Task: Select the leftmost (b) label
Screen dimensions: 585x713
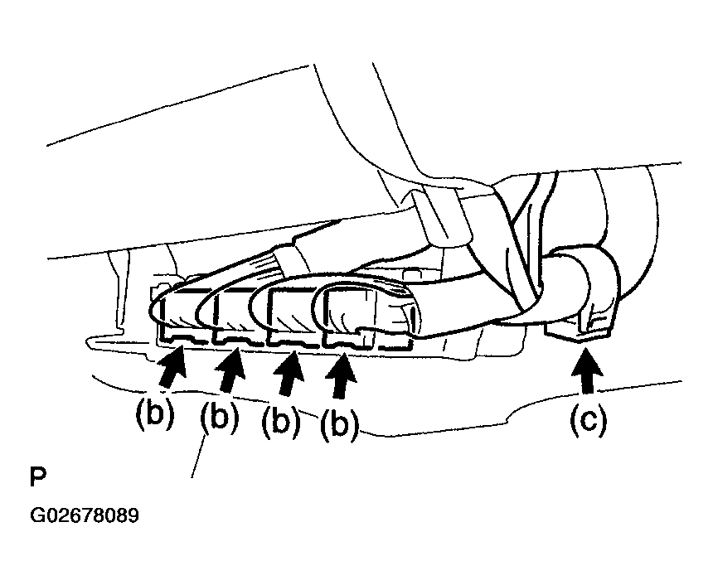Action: [154, 413]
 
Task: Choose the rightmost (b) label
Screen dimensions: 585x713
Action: [338, 423]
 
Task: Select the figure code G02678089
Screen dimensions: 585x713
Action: [85, 515]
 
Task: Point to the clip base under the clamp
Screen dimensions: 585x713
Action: [580, 331]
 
